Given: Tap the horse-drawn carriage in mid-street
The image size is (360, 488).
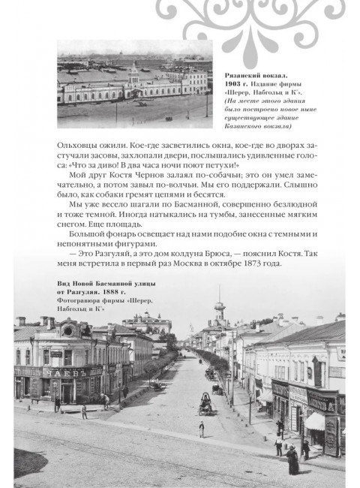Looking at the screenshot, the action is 205,405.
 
